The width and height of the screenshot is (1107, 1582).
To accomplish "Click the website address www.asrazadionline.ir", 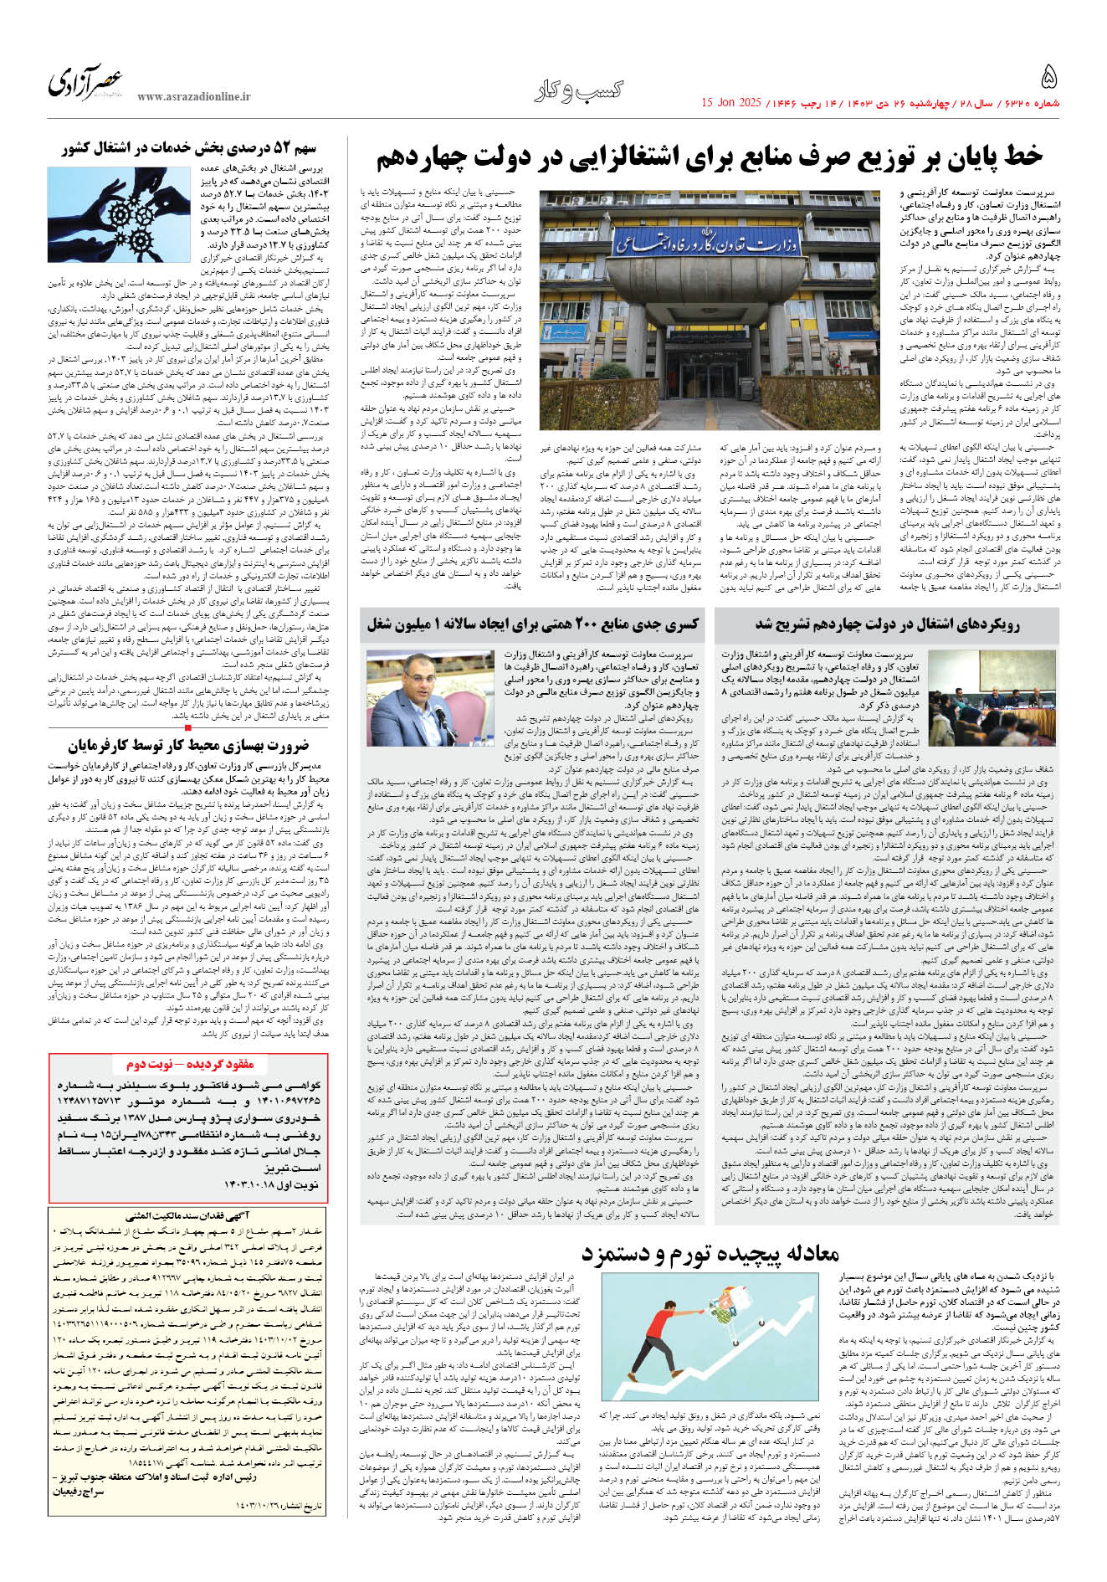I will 194,97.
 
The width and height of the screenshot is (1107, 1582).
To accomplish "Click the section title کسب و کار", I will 578,90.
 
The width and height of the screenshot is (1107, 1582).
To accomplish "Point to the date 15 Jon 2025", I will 730,103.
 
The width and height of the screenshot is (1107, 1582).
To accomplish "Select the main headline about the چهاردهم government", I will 710,157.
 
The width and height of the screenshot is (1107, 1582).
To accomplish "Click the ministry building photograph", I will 705,310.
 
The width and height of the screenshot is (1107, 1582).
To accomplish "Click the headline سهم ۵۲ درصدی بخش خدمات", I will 189,148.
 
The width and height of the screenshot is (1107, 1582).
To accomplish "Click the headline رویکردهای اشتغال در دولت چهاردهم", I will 887,624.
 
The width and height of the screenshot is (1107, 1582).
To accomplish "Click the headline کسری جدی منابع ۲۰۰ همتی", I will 532,624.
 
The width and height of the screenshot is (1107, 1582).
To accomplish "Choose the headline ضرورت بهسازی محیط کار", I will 188,745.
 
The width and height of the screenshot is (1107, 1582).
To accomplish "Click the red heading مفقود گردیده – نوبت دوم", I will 190,1064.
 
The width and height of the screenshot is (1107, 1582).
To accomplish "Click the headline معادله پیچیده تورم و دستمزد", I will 710,1253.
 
